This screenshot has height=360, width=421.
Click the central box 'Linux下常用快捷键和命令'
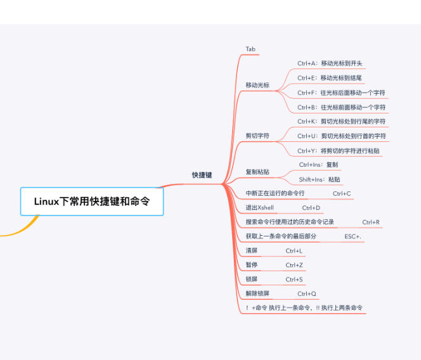pyautogui.click(x=92, y=202)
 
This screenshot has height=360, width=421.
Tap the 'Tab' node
pyautogui.click(x=250, y=49)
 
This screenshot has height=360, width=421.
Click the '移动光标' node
pyautogui.click(x=257, y=85)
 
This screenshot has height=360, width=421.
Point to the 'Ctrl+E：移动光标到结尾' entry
pyautogui.click(x=330, y=78)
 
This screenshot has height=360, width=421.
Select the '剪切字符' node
pyautogui.click(x=257, y=136)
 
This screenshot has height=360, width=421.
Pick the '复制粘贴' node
pyautogui.click(x=257, y=172)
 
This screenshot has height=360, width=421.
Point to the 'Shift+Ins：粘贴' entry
pyautogui.click(x=320, y=179)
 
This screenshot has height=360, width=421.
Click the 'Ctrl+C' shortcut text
pyautogui.click(x=342, y=193)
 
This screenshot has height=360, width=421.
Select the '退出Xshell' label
pyautogui.click(x=261, y=208)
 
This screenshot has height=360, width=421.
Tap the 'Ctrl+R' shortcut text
pyautogui.click(x=371, y=222)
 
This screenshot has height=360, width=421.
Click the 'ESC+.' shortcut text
pyautogui.click(x=353, y=236)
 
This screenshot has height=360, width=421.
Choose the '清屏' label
pyautogui.click(x=252, y=251)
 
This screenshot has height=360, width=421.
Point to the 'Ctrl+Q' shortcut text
pyautogui.click(x=306, y=294)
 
